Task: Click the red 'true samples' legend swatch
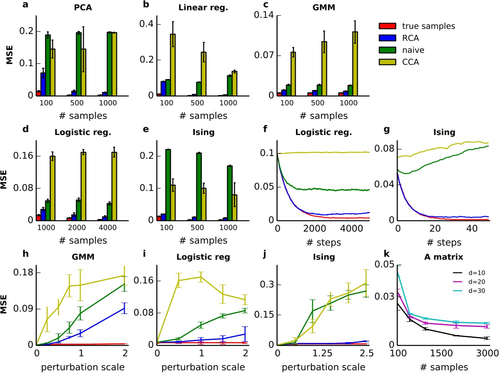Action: pos(387,26)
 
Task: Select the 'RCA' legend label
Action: pos(410,38)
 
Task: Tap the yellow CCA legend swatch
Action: pos(387,62)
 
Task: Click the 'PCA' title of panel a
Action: pos(83,7)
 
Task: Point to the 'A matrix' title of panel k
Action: pos(444,257)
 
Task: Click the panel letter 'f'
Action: pos(265,129)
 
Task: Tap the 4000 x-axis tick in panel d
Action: pos(108,228)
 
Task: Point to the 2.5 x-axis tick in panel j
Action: pos(366,353)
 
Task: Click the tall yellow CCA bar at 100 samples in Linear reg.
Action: pos(173,65)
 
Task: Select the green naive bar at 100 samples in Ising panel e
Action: pos(168,185)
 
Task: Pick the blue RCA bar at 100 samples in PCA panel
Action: pos(43,84)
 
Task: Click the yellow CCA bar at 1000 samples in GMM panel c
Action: pos(355,64)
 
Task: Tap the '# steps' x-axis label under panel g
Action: pos(444,243)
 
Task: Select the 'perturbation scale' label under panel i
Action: pos(203,368)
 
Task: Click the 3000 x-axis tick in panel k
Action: pos(488,353)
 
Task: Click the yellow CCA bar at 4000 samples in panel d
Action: pos(114,186)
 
